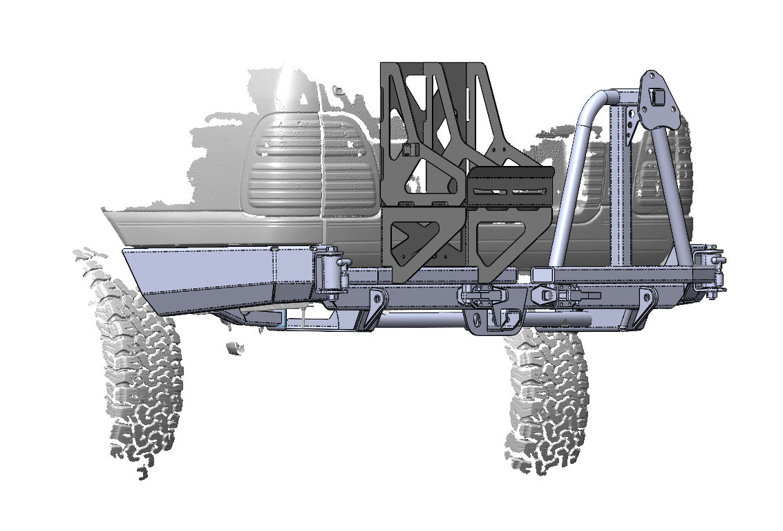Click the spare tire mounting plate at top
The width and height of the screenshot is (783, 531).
[x=657, y=100]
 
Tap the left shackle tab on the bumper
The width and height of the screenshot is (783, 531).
[x=375, y=304]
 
